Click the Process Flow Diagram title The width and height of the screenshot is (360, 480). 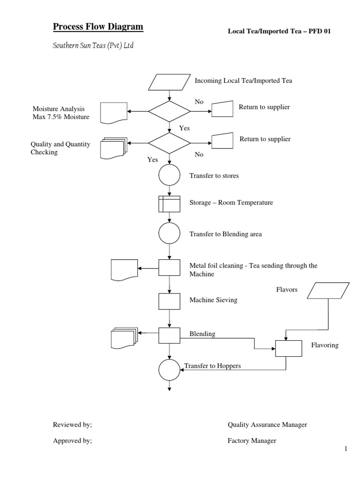click(97, 27)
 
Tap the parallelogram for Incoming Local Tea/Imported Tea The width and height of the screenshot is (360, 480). click(169, 82)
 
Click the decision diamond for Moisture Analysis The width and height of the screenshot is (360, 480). click(169, 111)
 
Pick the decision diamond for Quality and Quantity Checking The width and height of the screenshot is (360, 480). click(169, 143)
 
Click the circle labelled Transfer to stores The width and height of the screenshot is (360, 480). click(169, 176)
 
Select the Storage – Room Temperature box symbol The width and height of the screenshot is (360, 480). click(169, 203)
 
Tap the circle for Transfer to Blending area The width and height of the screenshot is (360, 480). click(169, 233)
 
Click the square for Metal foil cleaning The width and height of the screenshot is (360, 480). click(169, 268)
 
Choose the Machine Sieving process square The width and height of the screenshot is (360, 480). click(169, 301)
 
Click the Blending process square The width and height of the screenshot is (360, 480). click(169, 336)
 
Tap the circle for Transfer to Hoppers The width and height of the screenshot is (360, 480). click(169, 370)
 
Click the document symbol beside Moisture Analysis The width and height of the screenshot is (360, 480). click(114, 113)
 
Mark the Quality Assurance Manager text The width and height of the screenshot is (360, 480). click(267, 425)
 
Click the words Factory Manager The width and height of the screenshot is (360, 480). click(252, 441)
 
